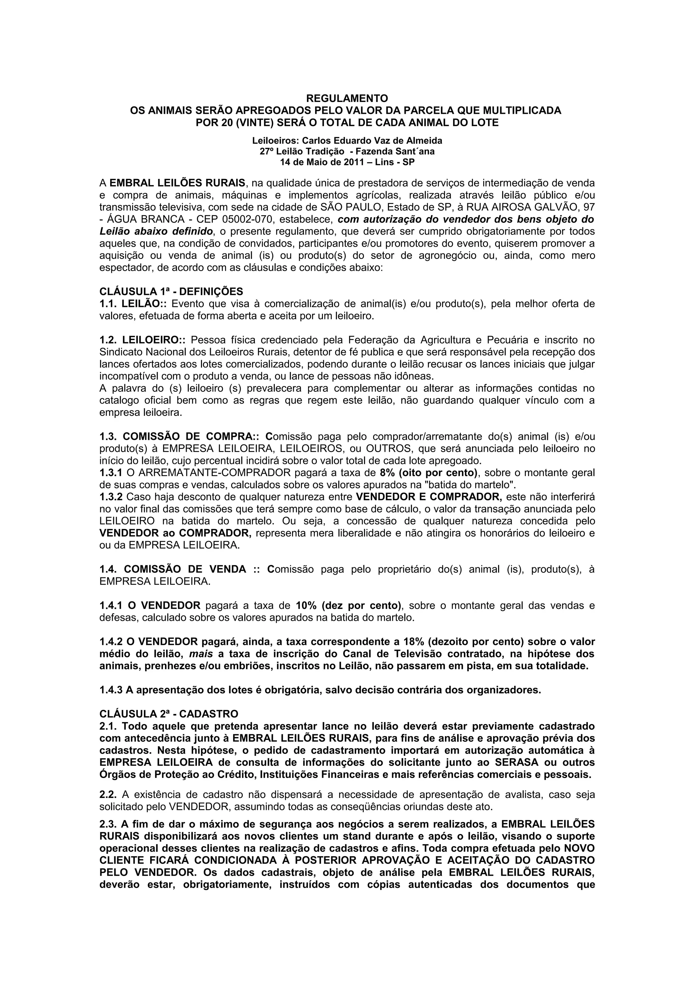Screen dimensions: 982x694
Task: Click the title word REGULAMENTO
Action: coord(347,98)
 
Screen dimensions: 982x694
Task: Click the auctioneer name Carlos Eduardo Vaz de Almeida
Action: coord(372,140)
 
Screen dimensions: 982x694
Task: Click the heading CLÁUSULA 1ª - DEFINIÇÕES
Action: coord(171,292)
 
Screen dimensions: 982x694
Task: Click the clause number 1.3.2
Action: coord(111,497)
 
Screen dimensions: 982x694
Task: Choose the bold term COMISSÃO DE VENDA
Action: coord(185,570)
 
